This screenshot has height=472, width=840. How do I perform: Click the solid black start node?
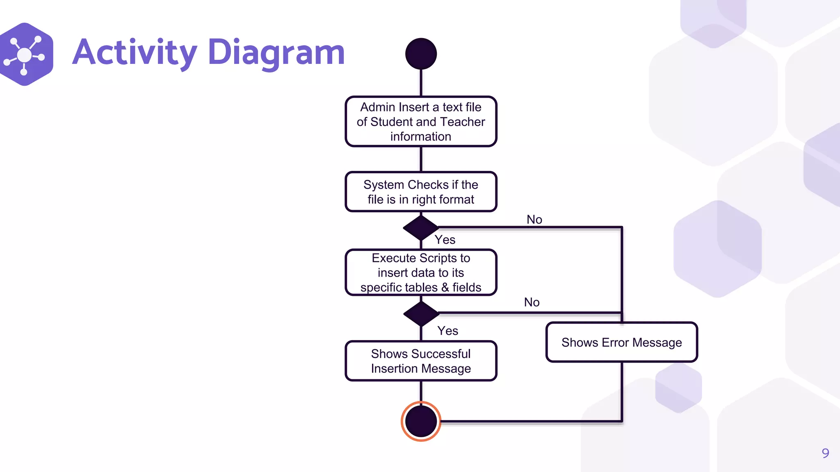421,54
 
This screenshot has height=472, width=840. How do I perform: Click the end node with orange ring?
421,421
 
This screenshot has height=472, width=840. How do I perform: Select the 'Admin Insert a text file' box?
421,121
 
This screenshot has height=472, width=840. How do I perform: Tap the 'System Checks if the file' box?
421,192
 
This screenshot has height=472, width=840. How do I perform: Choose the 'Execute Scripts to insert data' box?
421,272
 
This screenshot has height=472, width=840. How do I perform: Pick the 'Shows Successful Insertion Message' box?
421,361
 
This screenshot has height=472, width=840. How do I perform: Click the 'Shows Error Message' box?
621,342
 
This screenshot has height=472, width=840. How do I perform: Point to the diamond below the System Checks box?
421,227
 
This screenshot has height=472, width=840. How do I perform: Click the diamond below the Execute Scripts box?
421,314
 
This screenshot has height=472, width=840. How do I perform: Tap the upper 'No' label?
534,220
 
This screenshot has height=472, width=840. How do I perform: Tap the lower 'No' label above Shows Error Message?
532,302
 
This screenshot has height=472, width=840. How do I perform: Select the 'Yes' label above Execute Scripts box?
445,240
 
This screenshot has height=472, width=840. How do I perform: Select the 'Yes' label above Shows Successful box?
447,331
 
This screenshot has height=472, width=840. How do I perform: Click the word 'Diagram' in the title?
276,52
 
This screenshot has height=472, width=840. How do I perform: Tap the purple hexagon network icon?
25,54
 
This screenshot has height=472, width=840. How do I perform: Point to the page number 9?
825,453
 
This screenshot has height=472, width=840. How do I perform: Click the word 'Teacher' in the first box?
462,122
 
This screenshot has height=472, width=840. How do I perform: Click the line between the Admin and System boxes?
421,159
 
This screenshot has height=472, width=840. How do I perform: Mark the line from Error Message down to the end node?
622,391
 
